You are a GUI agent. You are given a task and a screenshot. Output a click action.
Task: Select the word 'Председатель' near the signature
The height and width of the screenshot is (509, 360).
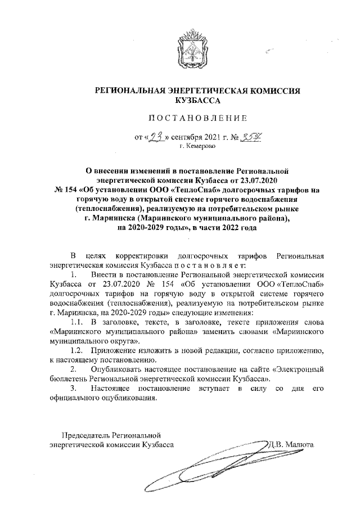(86, 435)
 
